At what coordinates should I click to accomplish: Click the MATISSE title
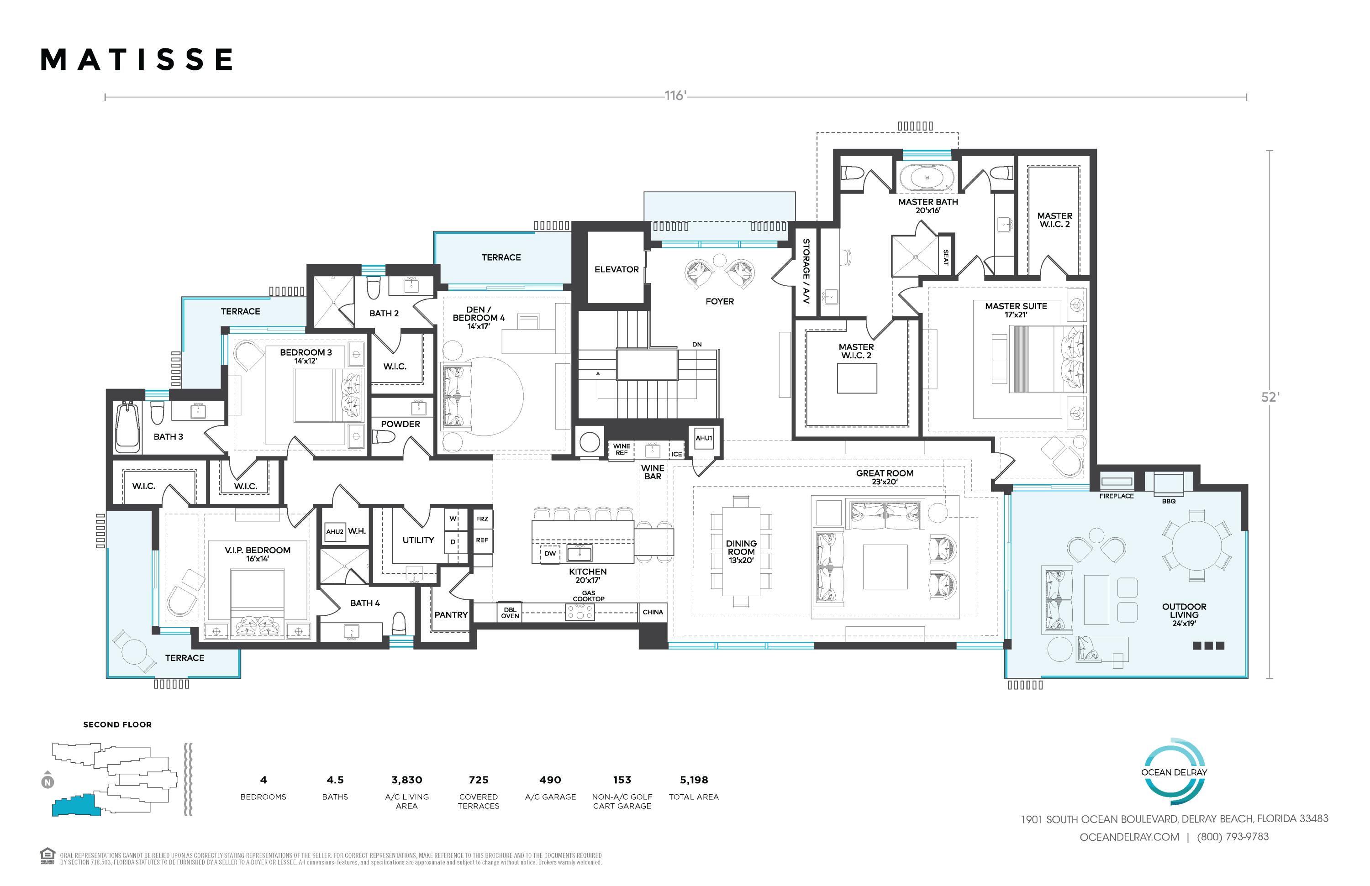coord(137,60)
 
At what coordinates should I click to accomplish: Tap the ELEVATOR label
coord(616,269)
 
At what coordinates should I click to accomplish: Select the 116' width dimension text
coord(676,95)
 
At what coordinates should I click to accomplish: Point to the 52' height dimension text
coord(1270,398)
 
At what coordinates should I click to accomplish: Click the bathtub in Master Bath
coord(927,177)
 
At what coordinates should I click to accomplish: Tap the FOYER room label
coord(720,301)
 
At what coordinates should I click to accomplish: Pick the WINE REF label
coord(622,449)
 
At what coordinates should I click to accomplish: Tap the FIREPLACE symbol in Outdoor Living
coord(1116,482)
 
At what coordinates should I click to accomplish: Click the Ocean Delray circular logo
coord(1174,771)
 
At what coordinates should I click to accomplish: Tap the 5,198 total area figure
coord(694,780)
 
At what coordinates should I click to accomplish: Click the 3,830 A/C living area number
coord(407,780)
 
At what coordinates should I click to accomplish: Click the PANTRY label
coord(451,615)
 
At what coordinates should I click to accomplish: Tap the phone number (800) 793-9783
coord(1233,837)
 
